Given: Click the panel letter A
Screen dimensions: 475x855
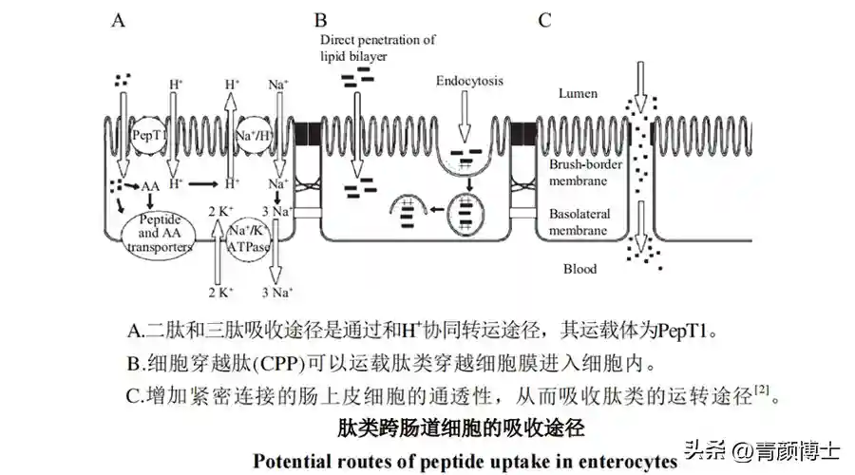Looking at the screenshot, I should (119, 20).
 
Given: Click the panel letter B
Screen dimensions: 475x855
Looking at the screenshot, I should (321, 20).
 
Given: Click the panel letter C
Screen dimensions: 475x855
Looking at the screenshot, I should (544, 20).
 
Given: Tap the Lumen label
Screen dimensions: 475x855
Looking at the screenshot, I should (578, 92).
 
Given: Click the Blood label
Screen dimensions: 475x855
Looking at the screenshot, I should (579, 269).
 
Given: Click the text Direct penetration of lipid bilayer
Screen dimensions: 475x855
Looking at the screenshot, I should (376, 47).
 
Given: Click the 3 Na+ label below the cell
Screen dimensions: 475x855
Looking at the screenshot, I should (278, 292).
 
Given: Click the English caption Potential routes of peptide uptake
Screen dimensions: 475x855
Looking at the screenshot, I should (465, 461).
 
